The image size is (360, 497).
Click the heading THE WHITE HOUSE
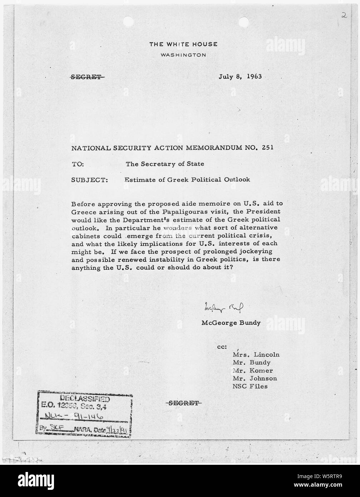(183, 44)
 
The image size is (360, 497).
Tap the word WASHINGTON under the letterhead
(183, 55)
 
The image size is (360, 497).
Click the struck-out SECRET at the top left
(88, 77)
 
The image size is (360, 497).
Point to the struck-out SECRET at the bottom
(184, 403)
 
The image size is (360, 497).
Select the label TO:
(78, 164)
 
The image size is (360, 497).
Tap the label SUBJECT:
(90, 180)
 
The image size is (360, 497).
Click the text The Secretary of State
(165, 164)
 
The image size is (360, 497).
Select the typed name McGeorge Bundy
(231, 323)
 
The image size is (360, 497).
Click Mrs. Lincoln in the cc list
(256, 355)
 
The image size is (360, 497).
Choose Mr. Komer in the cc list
(252, 371)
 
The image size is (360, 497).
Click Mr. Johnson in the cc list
(255, 379)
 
